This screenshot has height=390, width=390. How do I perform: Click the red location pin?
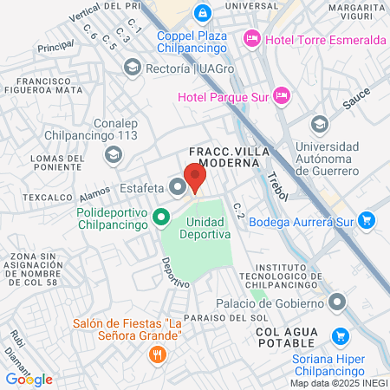point(195,178)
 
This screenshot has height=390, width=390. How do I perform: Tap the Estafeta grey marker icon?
point(178,186)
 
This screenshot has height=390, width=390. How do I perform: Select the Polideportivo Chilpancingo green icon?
point(161,217)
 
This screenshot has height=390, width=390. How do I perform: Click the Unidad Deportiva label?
point(206,228)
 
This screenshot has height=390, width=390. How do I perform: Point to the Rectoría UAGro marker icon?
point(132,67)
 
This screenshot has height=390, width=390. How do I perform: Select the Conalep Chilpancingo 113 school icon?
point(113,154)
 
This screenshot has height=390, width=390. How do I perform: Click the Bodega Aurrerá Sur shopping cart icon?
point(367,220)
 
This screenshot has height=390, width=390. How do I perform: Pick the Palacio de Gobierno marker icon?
point(338,302)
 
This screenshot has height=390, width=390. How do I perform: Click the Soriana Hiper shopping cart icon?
point(340,335)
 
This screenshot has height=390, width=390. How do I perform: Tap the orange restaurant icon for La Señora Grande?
point(157,354)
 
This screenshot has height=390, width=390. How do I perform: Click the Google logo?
point(29,379)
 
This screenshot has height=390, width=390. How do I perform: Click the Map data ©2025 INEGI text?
point(337,382)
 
